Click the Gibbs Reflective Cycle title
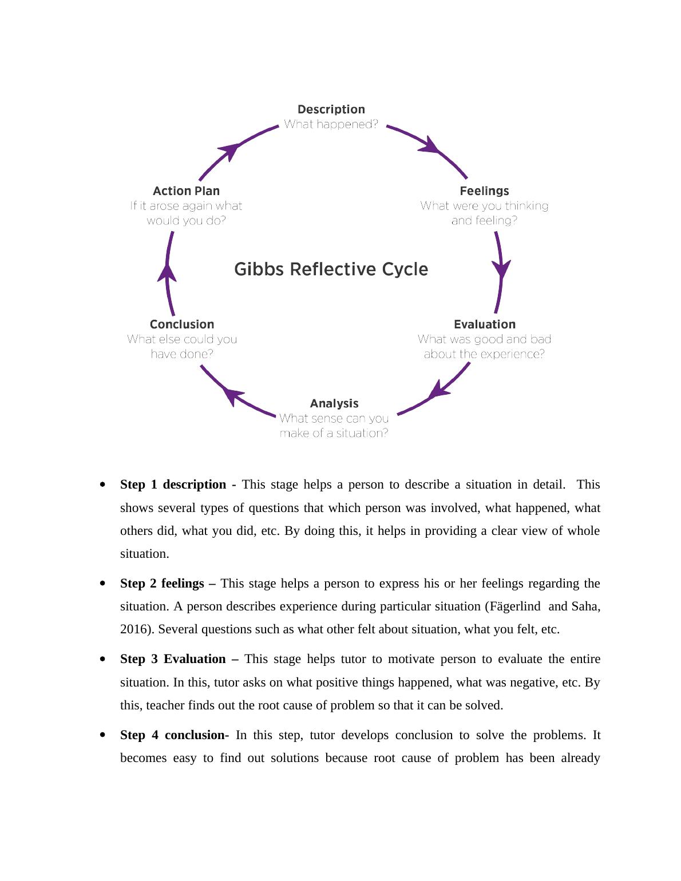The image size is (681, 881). point(331,269)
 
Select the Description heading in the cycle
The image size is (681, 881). point(331,109)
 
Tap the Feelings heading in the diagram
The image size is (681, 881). point(484,191)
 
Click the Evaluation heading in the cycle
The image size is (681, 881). point(484,324)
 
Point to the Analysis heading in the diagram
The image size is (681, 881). point(334,403)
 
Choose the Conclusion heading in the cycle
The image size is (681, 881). point(182,324)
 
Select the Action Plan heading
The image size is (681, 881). point(186,191)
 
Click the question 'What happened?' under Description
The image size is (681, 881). point(331,124)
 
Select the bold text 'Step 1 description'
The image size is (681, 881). point(173,485)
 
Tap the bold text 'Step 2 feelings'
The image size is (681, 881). point(162,584)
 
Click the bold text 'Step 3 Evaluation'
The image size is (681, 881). point(173,659)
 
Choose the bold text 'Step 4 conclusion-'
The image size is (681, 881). point(175,735)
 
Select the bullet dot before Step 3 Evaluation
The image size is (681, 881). point(102,659)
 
